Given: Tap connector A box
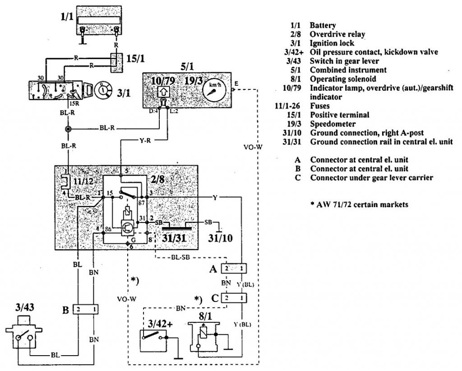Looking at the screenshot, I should [x=234, y=269].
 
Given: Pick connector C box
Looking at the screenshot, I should [x=234, y=298].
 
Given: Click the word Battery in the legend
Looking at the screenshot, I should [x=323, y=26].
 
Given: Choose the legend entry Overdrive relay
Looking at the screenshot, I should [x=337, y=34].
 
